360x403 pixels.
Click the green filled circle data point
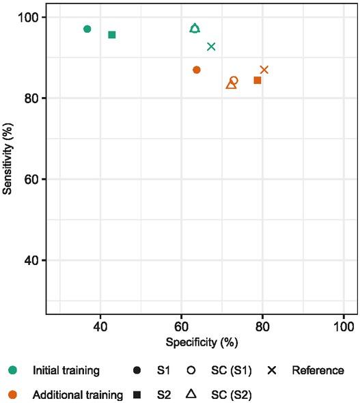[87, 29]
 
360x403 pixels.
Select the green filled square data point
[112, 35]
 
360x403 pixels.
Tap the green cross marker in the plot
[211, 46]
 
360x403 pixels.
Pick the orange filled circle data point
[197, 70]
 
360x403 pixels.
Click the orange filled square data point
[258, 81]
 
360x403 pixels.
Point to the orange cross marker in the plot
[264, 70]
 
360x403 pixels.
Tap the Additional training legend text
[78, 394]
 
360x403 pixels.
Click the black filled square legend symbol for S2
[137, 394]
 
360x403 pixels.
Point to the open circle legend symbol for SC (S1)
[192, 371]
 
